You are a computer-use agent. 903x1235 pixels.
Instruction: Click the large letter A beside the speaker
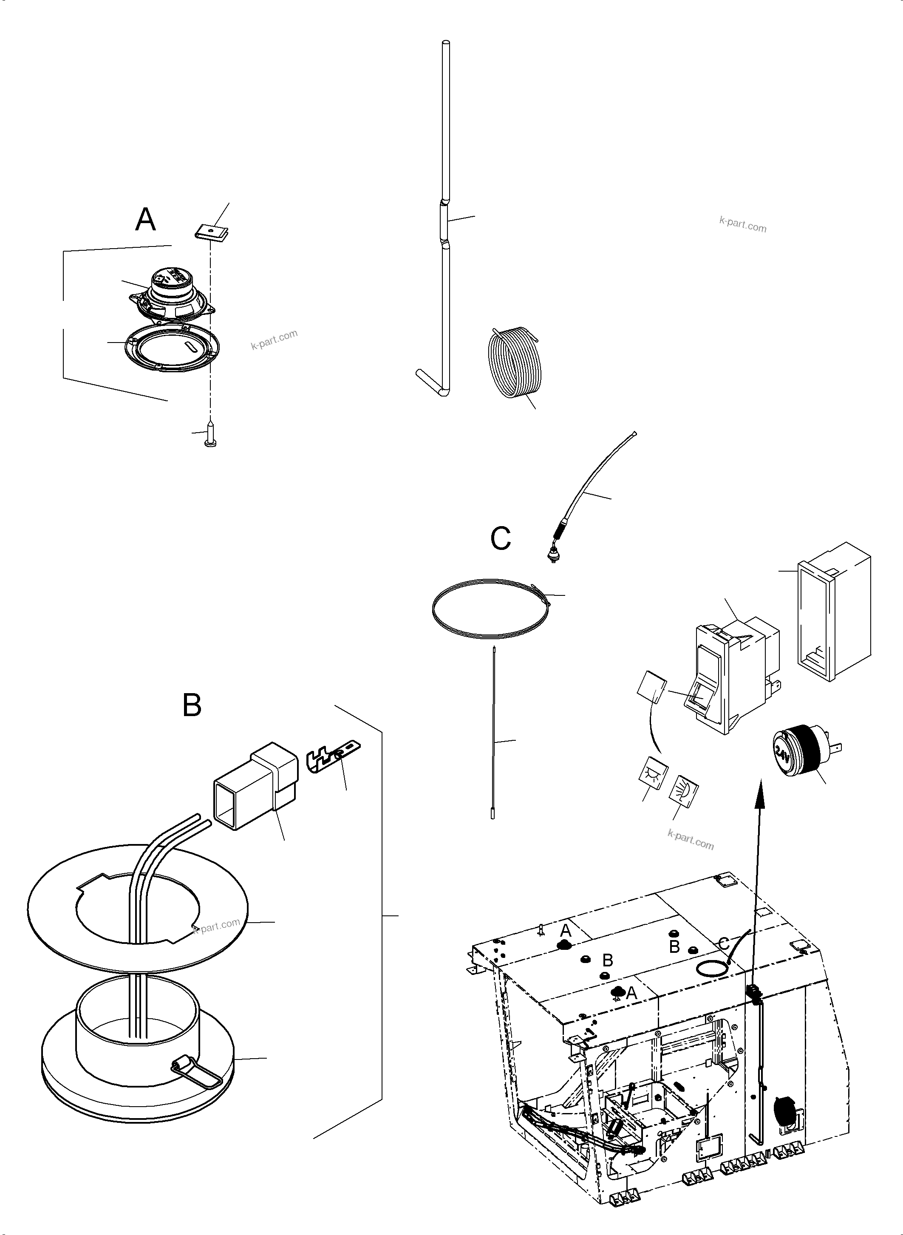145,220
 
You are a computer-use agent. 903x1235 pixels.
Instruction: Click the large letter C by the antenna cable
500,538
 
